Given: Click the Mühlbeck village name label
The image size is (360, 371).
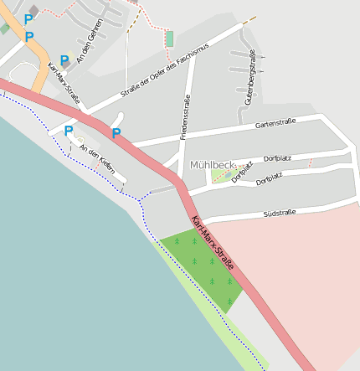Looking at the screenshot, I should coord(213,164).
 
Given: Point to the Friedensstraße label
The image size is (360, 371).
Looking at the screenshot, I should coord(186,117).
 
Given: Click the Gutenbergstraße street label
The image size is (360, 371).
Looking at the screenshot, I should coord(249,78).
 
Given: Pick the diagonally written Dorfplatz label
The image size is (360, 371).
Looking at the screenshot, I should coord(242,171).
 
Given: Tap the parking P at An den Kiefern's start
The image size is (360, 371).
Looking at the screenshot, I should coord(69,130).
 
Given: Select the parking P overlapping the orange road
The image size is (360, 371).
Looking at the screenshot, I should coord(29,36).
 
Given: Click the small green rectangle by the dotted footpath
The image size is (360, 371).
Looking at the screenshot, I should coord(170,39).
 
